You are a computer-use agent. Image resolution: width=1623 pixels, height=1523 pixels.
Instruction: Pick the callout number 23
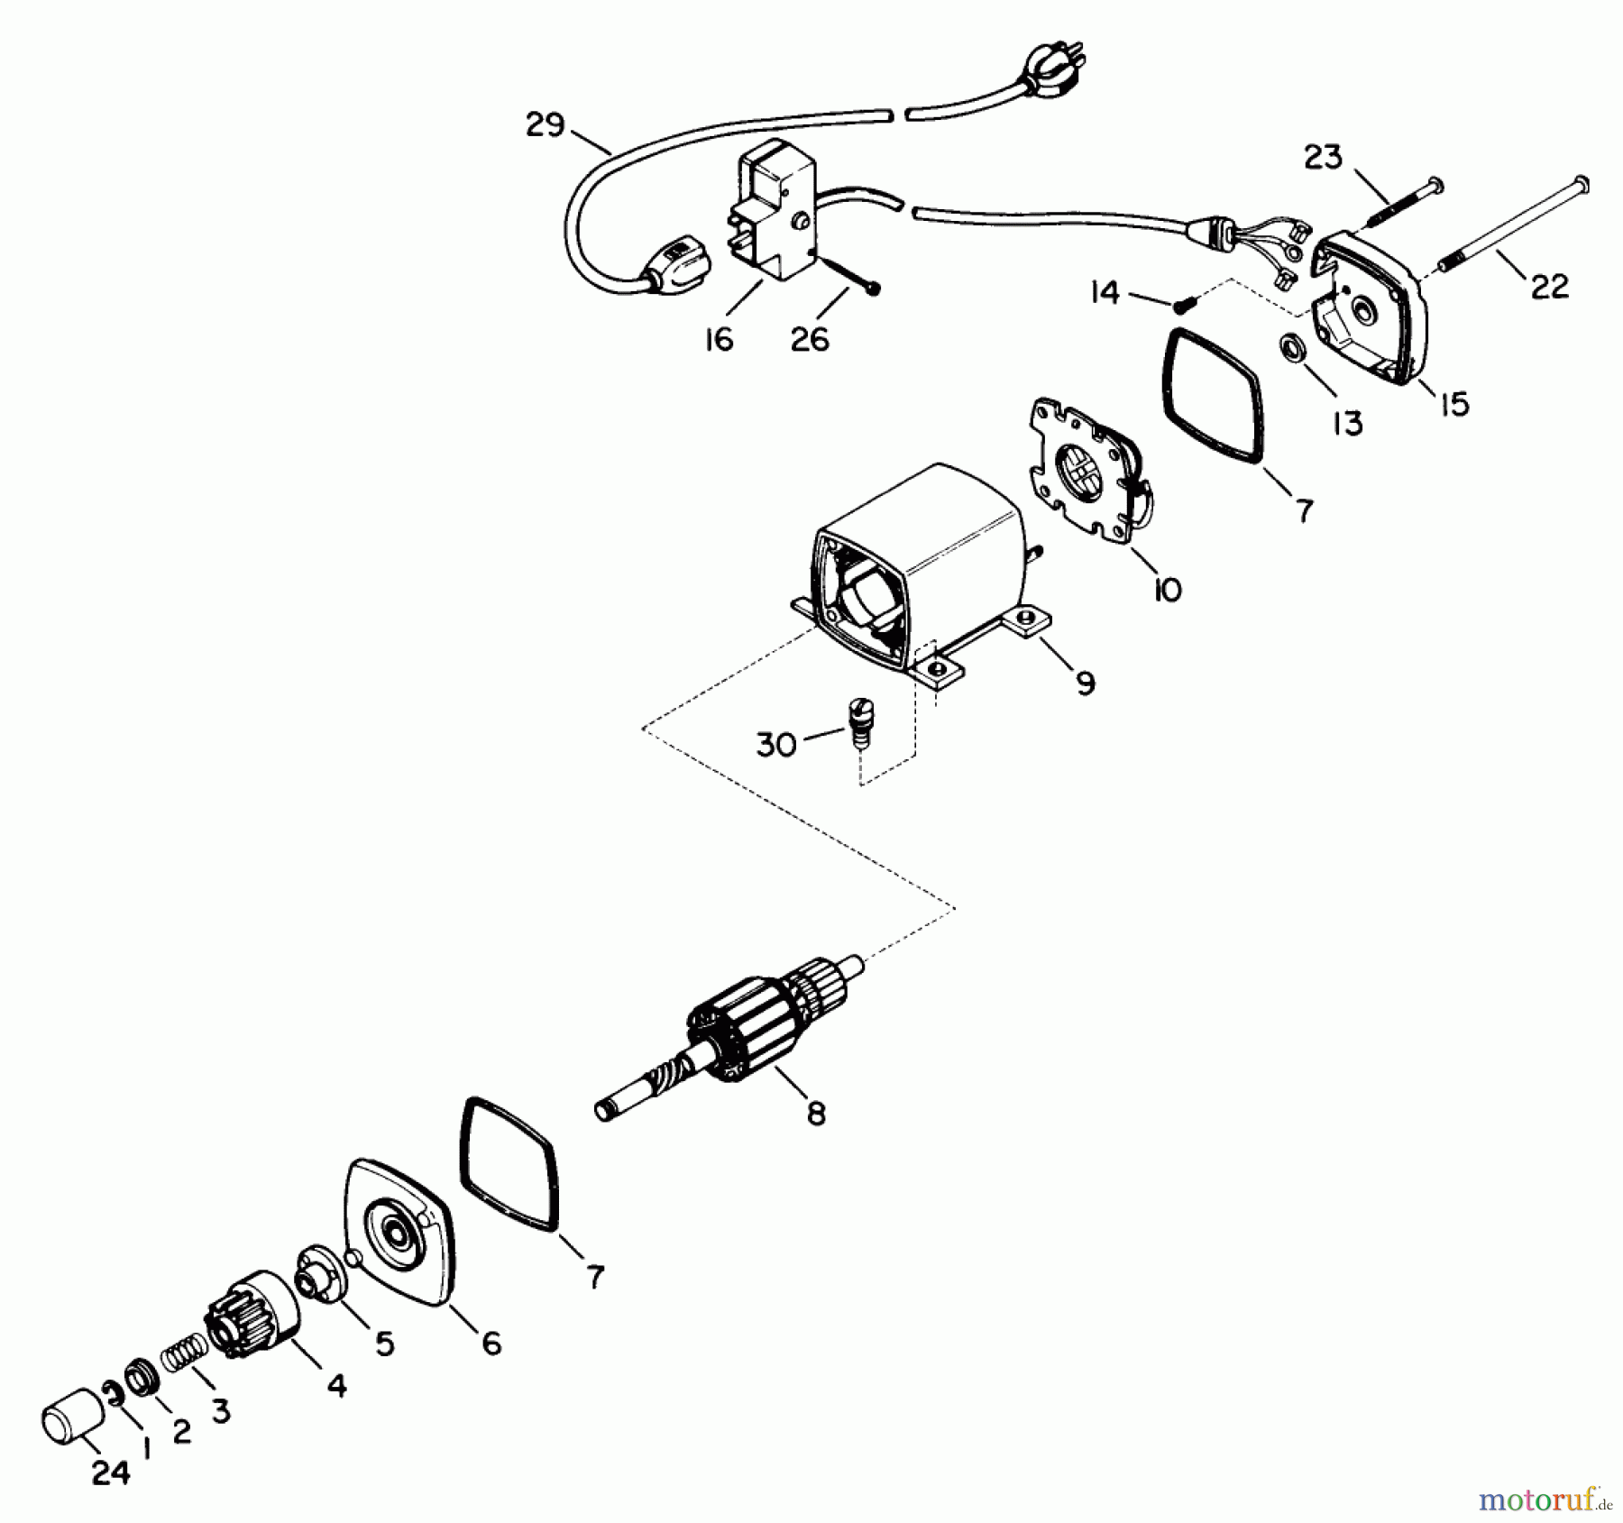click(1323, 158)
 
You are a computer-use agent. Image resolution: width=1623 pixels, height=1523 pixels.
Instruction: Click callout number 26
click(809, 340)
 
